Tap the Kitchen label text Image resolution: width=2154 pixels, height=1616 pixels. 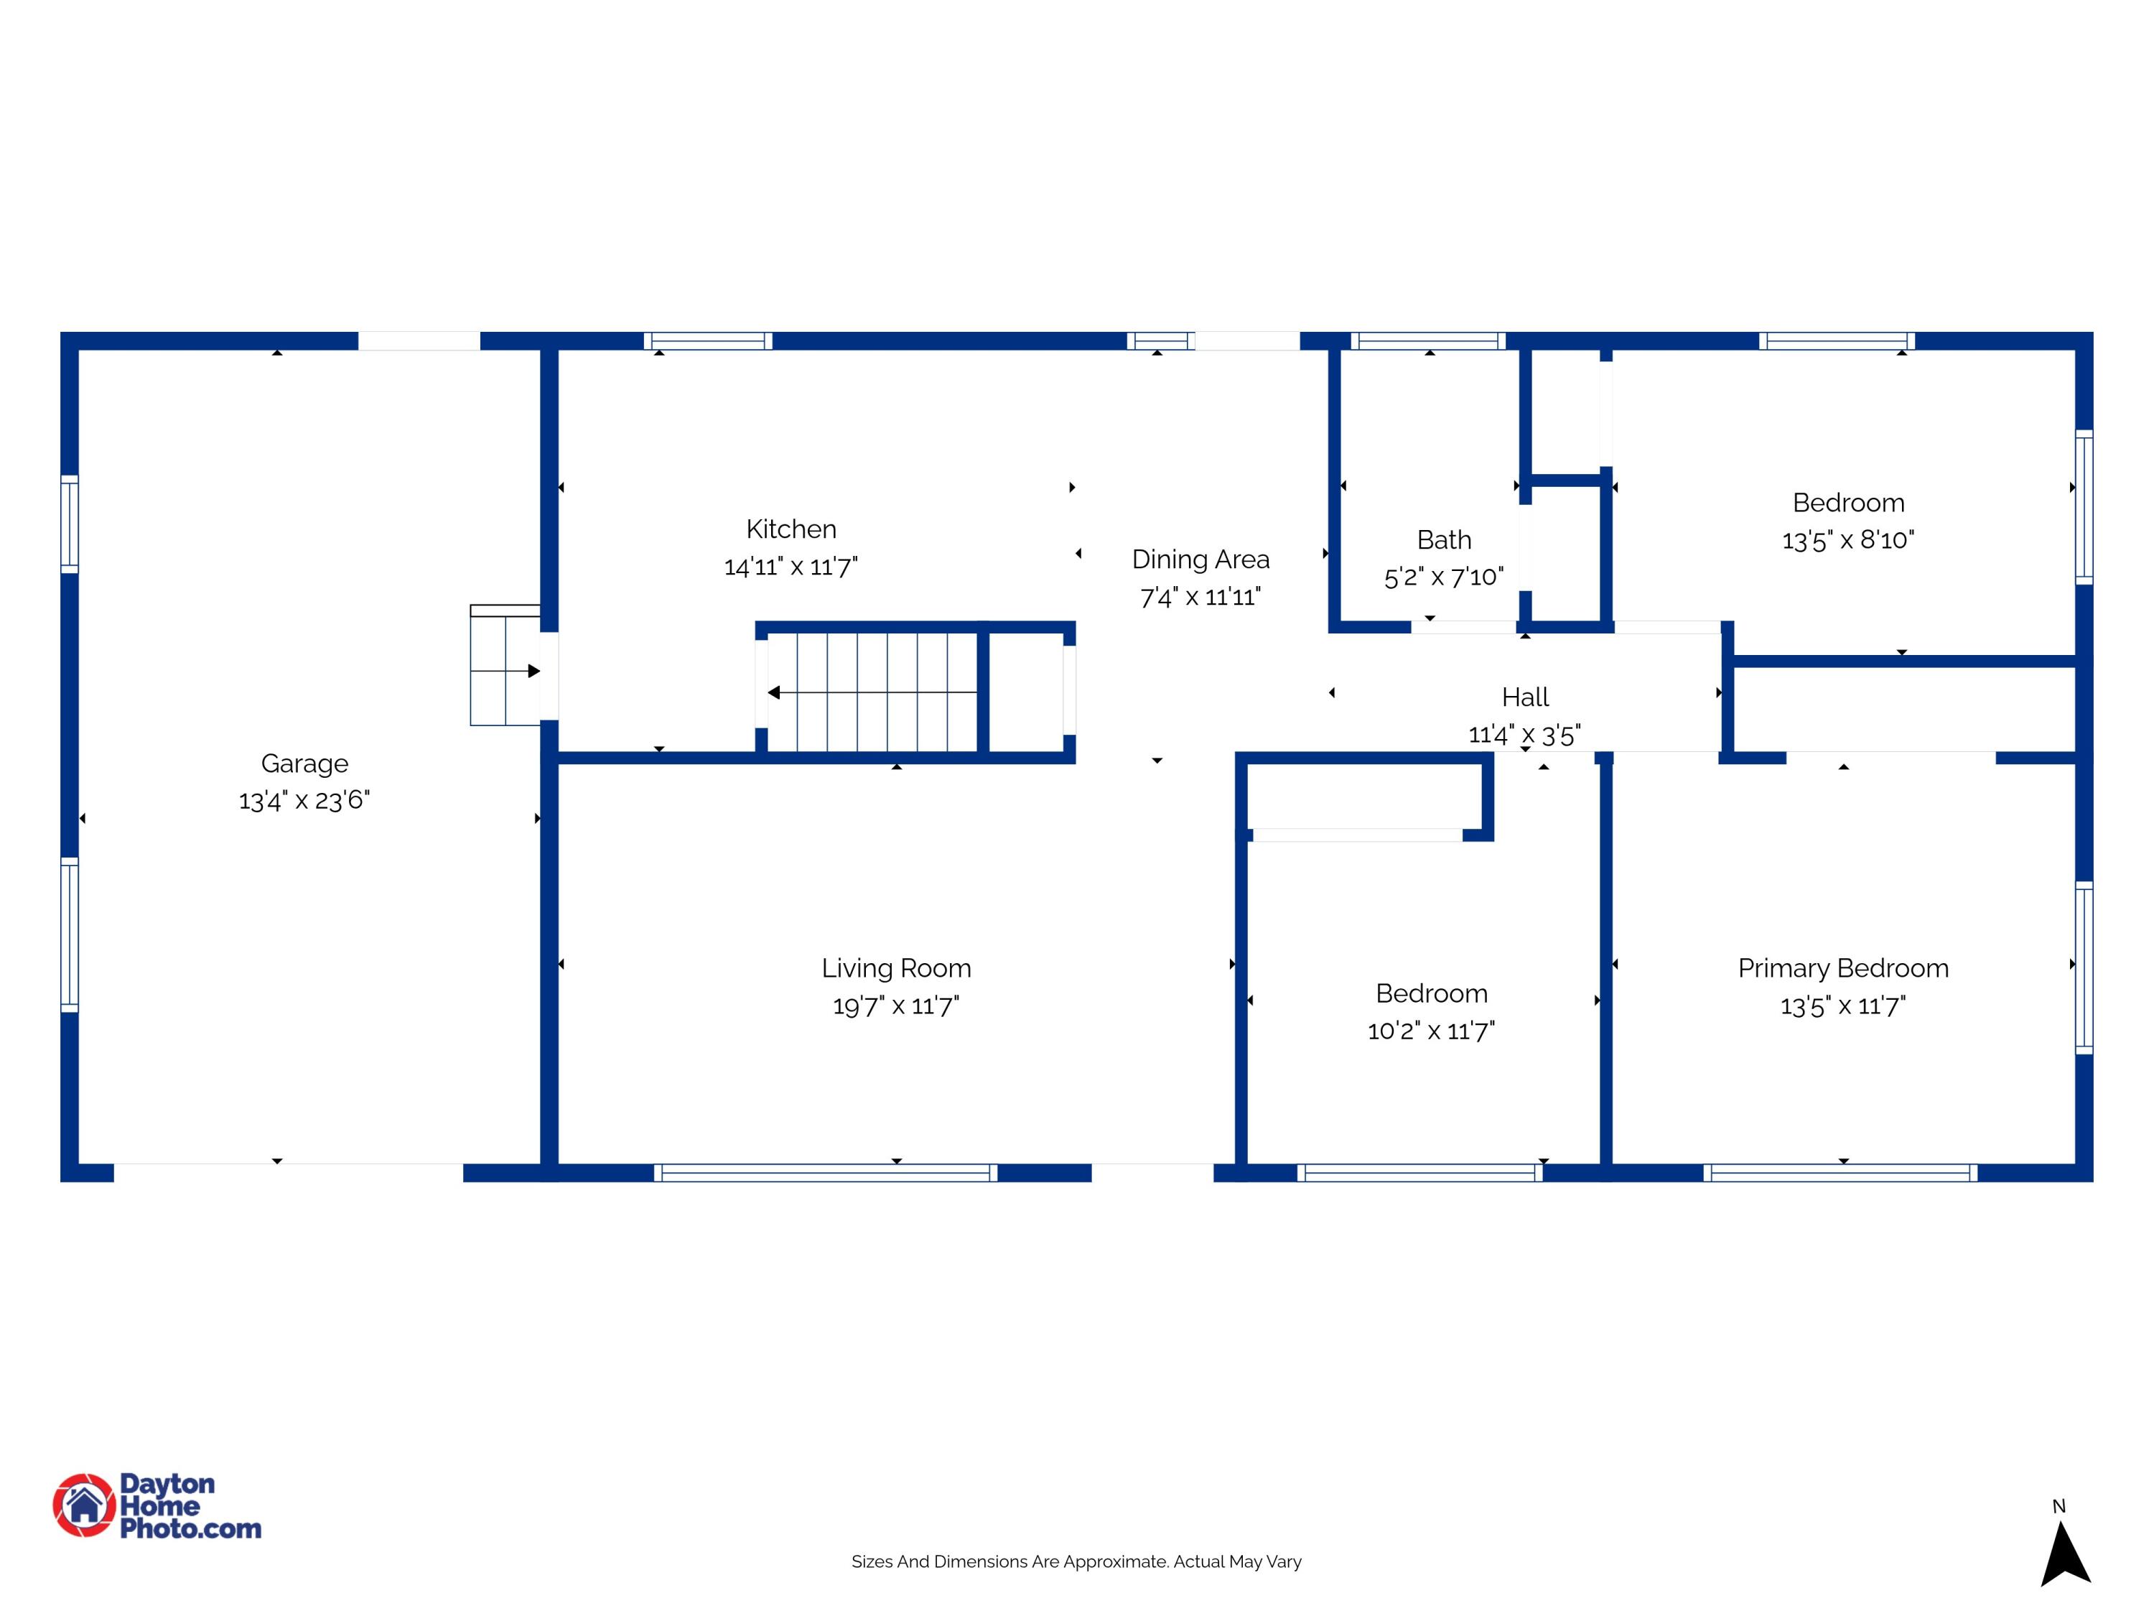click(x=791, y=529)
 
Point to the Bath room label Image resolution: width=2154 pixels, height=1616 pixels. click(x=1444, y=539)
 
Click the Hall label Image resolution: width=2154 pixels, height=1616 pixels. click(x=1525, y=697)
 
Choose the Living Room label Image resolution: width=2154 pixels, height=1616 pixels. click(x=896, y=969)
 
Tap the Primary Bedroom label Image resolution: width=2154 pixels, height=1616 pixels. click(x=1843, y=969)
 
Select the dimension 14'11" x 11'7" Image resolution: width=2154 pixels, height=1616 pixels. click(x=791, y=567)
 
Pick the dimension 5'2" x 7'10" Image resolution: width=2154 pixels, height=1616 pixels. click(x=1444, y=577)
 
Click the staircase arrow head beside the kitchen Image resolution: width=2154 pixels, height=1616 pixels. click(x=773, y=692)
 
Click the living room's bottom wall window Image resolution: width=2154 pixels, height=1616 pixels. click(x=826, y=1173)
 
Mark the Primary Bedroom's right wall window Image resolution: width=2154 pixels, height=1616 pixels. click(x=2084, y=967)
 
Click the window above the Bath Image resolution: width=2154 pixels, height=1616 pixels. click(x=1429, y=341)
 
